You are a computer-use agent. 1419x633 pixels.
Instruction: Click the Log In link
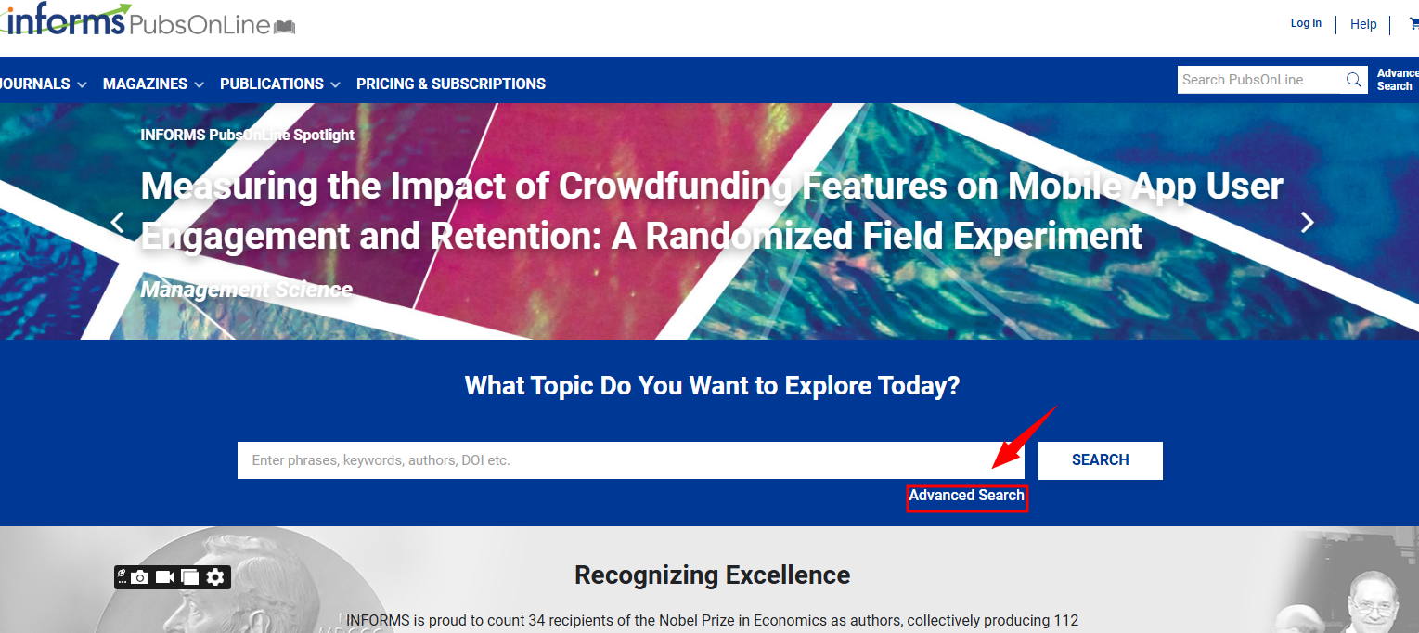point(1306,23)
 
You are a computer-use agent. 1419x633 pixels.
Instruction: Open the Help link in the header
point(1363,24)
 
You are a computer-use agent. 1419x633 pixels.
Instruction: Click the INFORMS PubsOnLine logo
point(148,19)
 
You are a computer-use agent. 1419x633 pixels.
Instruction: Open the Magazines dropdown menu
point(153,84)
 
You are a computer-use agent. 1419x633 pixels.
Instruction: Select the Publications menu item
point(280,84)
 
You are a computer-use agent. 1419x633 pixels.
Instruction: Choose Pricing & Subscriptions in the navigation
point(450,84)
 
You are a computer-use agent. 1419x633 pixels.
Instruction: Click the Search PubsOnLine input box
point(1259,80)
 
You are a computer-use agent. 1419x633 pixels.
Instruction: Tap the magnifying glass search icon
point(1353,80)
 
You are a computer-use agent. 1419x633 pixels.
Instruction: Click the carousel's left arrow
point(117,223)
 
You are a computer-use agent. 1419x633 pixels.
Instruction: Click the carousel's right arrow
point(1308,223)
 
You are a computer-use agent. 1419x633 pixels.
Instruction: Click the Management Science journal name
point(247,290)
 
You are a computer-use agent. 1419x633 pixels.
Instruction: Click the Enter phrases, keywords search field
point(630,460)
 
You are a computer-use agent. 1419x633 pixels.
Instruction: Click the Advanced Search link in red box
point(967,496)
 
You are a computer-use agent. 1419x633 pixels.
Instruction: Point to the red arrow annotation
point(1024,437)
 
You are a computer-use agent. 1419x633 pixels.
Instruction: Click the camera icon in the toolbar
point(140,577)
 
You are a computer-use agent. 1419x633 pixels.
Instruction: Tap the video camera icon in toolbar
point(164,577)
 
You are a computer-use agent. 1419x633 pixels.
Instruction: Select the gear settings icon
point(215,577)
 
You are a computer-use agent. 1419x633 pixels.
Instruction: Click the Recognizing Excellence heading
point(712,575)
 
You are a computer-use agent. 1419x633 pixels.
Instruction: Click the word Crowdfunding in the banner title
point(675,187)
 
